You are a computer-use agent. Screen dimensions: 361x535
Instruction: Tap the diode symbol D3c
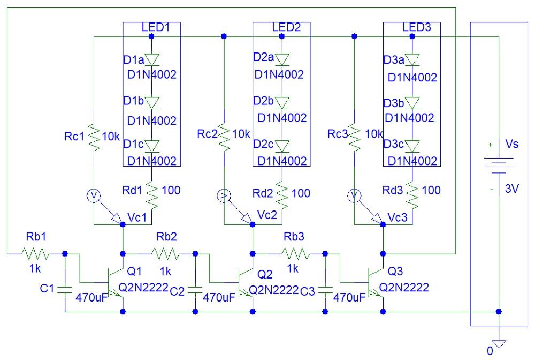point(411,146)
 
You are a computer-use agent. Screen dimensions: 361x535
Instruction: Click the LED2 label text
point(286,27)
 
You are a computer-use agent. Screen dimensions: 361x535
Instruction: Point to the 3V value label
point(512,189)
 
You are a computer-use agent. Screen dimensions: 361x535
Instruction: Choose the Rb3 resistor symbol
point(295,253)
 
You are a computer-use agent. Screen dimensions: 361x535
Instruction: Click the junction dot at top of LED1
point(151,36)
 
